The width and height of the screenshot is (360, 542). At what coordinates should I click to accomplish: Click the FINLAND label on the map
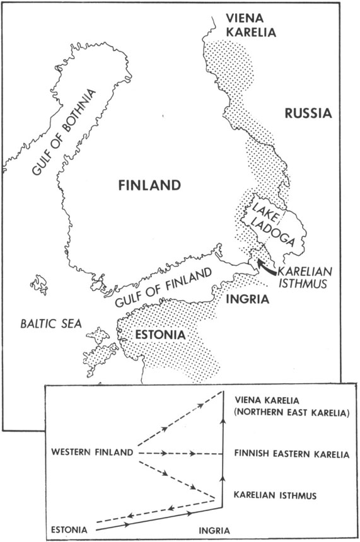click(150, 185)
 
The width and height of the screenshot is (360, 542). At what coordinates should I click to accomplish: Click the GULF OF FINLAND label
click(162, 288)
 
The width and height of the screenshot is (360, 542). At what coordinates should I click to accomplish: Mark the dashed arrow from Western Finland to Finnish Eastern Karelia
click(179, 453)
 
